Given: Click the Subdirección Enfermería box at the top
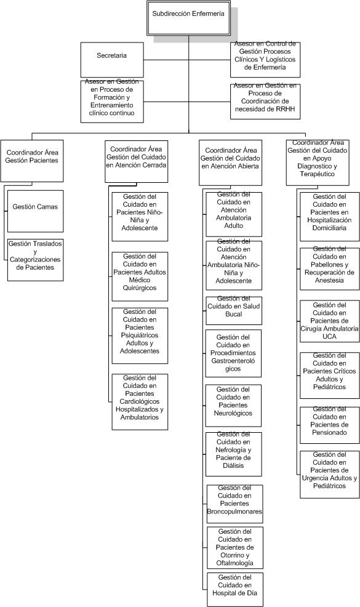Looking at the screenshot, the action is click(x=188, y=18).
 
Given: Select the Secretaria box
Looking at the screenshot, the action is click(x=112, y=60).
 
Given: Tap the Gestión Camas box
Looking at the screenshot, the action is click(x=35, y=211).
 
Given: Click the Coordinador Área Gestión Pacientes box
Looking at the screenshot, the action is click(x=32, y=161).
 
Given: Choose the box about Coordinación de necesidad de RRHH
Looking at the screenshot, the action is click(x=265, y=102).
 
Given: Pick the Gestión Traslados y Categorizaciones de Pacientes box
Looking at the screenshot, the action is click(x=35, y=260).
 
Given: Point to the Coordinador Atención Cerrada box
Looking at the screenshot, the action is click(x=136, y=161).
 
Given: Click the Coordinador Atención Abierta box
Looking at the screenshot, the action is click(x=230, y=163).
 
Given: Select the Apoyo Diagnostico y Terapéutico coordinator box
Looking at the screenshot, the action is click(x=318, y=163).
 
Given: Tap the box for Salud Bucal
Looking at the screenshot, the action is click(x=234, y=310).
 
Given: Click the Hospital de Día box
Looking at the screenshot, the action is click(x=234, y=589).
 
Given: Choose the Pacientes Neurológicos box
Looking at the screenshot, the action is click(x=233, y=405).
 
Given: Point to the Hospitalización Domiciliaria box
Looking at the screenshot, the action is click(x=329, y=217).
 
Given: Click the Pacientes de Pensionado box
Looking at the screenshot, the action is click(x=329, y=425).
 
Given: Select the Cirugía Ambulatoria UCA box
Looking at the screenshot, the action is click(x=329, y=321).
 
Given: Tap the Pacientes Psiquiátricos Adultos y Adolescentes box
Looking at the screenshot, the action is click(x=140, y=336).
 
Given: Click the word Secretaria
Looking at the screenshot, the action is click(x=111, y=56).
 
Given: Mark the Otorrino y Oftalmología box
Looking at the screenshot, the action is click(x=234, y=547).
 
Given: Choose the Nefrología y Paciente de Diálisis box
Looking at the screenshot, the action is click(x=234, y=454).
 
